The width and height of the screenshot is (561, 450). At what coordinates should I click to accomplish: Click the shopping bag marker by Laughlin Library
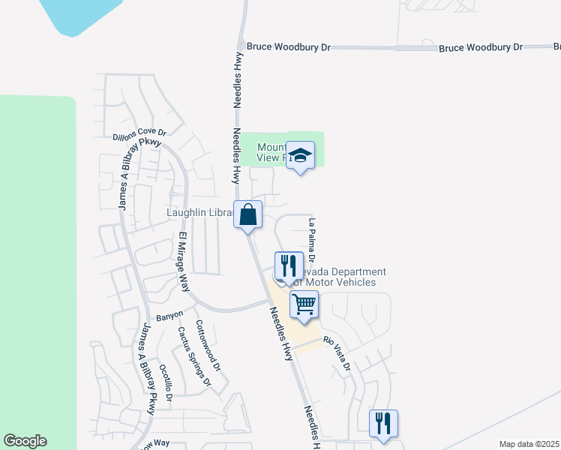tap(247, 215)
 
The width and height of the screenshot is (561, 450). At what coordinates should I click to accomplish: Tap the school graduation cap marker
tap(300, 156)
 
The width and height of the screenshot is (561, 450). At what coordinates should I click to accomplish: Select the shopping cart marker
tap(304, 304)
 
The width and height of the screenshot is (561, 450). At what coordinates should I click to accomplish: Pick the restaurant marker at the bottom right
tap(383, 424)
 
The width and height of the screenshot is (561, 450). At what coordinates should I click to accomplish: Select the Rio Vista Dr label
tap(337, 352)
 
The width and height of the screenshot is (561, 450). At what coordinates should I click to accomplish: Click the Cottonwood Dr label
tap(208, 346)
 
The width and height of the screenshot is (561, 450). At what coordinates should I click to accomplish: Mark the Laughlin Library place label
tap(199, 213)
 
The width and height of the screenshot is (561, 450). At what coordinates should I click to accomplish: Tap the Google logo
tap(25, 441)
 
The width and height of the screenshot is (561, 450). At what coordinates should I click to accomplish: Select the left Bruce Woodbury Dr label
tap(289, 46)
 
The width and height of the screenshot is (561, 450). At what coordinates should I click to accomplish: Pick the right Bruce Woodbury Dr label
tap(481, 47)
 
